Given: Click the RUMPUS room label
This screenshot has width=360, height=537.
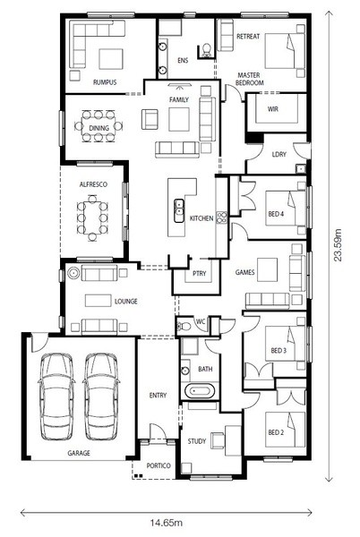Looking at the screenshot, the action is pyautogui.click(x=105, y=82).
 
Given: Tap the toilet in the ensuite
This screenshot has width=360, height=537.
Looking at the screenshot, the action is pyautogui.click(x=207, y=49).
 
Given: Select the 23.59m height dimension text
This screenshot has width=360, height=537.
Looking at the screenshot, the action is pyautogui.click(x=339, y=244).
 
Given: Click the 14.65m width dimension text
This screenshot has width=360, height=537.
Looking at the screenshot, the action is pyautogui.click(x=167, y=523).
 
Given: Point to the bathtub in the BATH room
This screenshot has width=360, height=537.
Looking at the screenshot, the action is pyautogui.click(x=200, y=390).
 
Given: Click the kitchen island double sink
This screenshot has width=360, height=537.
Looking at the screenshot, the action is pyautogui.click(x=179, y=210).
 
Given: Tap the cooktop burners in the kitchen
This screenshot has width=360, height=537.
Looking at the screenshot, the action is pyautogui.click(x=221, y=217).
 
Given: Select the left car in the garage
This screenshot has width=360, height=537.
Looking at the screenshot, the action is pyautogui.click(x=56, y=396).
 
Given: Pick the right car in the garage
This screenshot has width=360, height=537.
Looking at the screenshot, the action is pyautogui.click(x=101, y=396).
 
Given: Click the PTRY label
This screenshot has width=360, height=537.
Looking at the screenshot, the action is pyautogui.click(x=200, y=273).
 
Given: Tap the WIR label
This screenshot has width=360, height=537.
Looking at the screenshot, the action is pyautogui.click(x=272, y=109).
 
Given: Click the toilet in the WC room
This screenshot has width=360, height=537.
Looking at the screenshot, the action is pyautogui.click(x=184, y=326).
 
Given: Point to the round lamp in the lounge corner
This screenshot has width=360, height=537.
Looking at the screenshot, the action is pyautogui.click(x=73, y=273).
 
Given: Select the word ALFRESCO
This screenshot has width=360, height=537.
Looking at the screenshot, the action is pyautogui.click(x=93, y=184).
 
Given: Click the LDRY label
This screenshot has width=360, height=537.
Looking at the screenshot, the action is pyautogui.click(x=279, y=155).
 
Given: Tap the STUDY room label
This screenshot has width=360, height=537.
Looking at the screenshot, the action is pyautogui.click(x=197, y=441).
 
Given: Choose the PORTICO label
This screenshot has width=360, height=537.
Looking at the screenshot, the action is pyautogui.click(x=159, y=465).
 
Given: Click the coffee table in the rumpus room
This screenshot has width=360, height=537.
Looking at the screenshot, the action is pyautogui.click(x=111, y=59).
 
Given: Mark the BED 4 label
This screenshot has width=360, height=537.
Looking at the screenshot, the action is pyautogui.click(x=276, y=214).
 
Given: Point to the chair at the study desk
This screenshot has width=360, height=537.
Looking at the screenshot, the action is pyautogui.click(x=218, y=440).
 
